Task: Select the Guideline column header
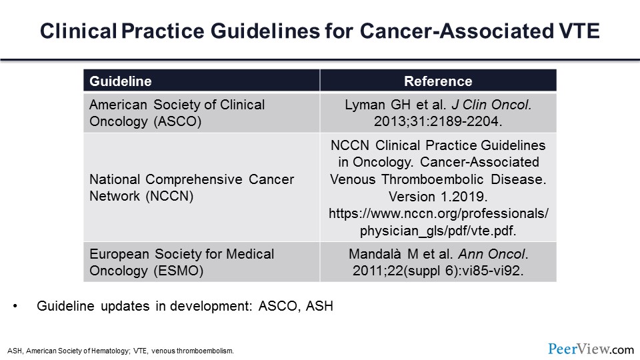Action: click(121, 81)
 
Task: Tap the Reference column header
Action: click(438, 81)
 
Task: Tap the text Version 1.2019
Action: click(438, 196)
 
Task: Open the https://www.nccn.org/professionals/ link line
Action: click(438, 213)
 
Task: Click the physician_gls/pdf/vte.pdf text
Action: click(438, 229)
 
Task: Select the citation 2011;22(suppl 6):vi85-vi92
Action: click(438, 270)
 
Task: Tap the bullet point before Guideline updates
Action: click(15, 306)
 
